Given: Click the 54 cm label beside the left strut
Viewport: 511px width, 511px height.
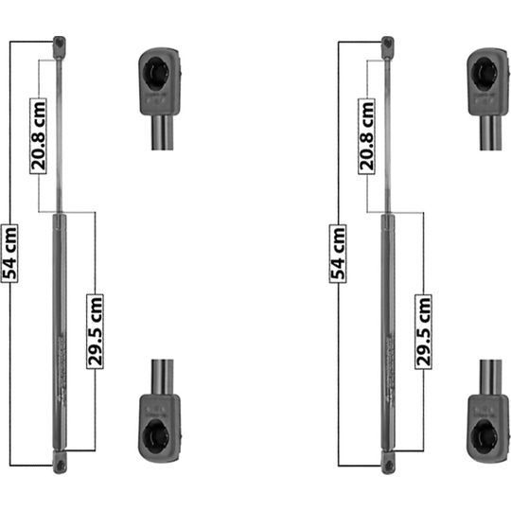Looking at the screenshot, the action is click(x=9, y=254).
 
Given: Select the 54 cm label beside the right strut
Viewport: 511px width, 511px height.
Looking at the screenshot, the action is click(x=338, y=254).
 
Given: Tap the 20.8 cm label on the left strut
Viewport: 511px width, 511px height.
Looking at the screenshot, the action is click(x=39, y=136).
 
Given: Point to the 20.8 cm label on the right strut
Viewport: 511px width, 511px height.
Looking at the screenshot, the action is click(x=366, y=136).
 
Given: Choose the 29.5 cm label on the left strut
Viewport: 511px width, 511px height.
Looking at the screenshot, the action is click(x=96, y=331).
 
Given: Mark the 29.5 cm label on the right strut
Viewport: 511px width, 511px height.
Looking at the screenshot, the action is click(x=423, y=332).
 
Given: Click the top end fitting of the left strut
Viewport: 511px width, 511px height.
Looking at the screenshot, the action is click(x=60, y=47).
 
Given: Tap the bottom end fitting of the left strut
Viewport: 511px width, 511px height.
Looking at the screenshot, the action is click(x=60, y=462).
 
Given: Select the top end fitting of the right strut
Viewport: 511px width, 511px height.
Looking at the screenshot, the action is click(x=387, y=47).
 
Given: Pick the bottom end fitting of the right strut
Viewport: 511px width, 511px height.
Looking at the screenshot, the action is click(x=388, y=462).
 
